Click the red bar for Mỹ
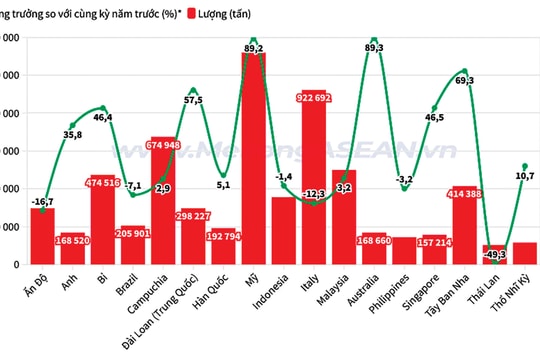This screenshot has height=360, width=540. coord(253,160)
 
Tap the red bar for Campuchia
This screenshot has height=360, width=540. coord(163,200)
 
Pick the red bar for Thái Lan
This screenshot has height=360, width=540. coord(494,255)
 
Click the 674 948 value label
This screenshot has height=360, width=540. coord(163,144)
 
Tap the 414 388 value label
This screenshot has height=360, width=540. coord(464,192)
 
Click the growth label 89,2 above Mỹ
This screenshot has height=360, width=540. coord(253,47)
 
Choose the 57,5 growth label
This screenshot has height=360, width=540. coord(193,100)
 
